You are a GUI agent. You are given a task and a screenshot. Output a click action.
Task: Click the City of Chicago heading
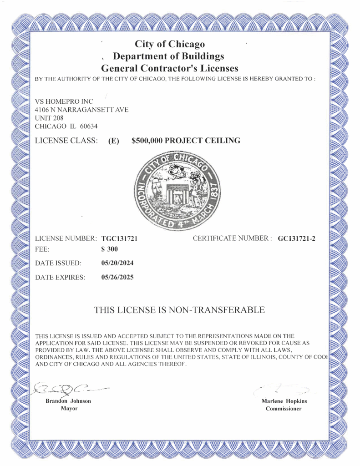tap(170, 44)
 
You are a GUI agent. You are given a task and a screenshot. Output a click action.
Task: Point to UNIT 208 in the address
tap(49, 118)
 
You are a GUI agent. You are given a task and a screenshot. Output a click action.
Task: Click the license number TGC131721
tap(119, 238)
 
